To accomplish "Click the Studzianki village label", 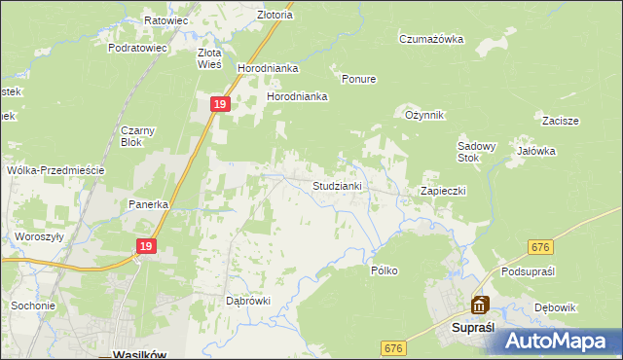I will (337, 185).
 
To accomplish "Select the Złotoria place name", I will (247, 16).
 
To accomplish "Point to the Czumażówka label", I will (430, 39).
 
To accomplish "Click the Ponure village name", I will (358, 79).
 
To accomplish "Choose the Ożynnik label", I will (424, 115).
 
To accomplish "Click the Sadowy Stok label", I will (477, 152).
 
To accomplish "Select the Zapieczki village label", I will (443, 191).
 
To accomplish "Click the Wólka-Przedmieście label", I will (55, 169).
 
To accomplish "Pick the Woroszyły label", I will (39, 236).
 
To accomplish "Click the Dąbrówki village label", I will (247, 301).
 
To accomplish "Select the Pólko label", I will (385, 270).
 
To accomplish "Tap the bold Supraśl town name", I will (476, 328).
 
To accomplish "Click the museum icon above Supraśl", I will (479, 306).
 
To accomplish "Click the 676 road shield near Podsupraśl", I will (542, 249).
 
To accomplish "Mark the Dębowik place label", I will (556, 307).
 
